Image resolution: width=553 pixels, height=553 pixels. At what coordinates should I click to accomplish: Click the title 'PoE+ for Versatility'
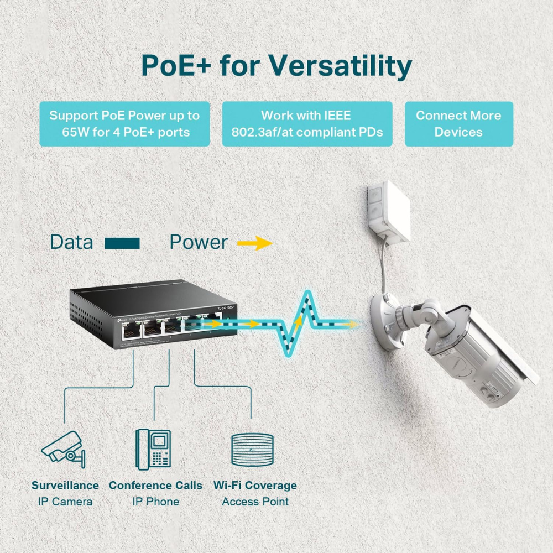tap(276, 66)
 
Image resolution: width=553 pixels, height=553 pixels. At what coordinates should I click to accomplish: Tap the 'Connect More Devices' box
tap(458, 124)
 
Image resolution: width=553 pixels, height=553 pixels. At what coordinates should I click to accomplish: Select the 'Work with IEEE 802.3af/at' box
tap(307, 124)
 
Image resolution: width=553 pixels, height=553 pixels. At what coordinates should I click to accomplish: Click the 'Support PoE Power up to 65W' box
tap(124, 124)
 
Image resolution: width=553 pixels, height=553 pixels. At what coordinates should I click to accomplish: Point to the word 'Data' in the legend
tap(71, 242)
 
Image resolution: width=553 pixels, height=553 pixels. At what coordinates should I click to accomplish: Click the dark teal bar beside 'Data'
tap(122, 243)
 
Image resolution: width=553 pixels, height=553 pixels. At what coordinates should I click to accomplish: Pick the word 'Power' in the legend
tap(199, 242)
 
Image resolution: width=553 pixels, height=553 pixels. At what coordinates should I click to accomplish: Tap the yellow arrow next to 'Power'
tap(255, 243)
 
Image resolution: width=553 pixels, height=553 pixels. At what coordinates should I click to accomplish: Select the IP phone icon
tap(153, 448)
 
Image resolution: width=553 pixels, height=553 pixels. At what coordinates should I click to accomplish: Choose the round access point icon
tap(252, 449)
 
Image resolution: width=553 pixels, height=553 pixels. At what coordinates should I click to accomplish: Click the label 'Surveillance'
tap(65, 486)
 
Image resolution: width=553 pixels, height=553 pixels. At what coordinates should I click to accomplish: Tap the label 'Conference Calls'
tap(155, 486)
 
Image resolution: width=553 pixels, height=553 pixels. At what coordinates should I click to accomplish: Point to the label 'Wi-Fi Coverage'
tap(255, 486)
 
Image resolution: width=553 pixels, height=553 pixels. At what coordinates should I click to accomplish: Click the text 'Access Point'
tap(255, 502)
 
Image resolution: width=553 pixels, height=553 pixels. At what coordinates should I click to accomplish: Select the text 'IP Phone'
tap(155, 502)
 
